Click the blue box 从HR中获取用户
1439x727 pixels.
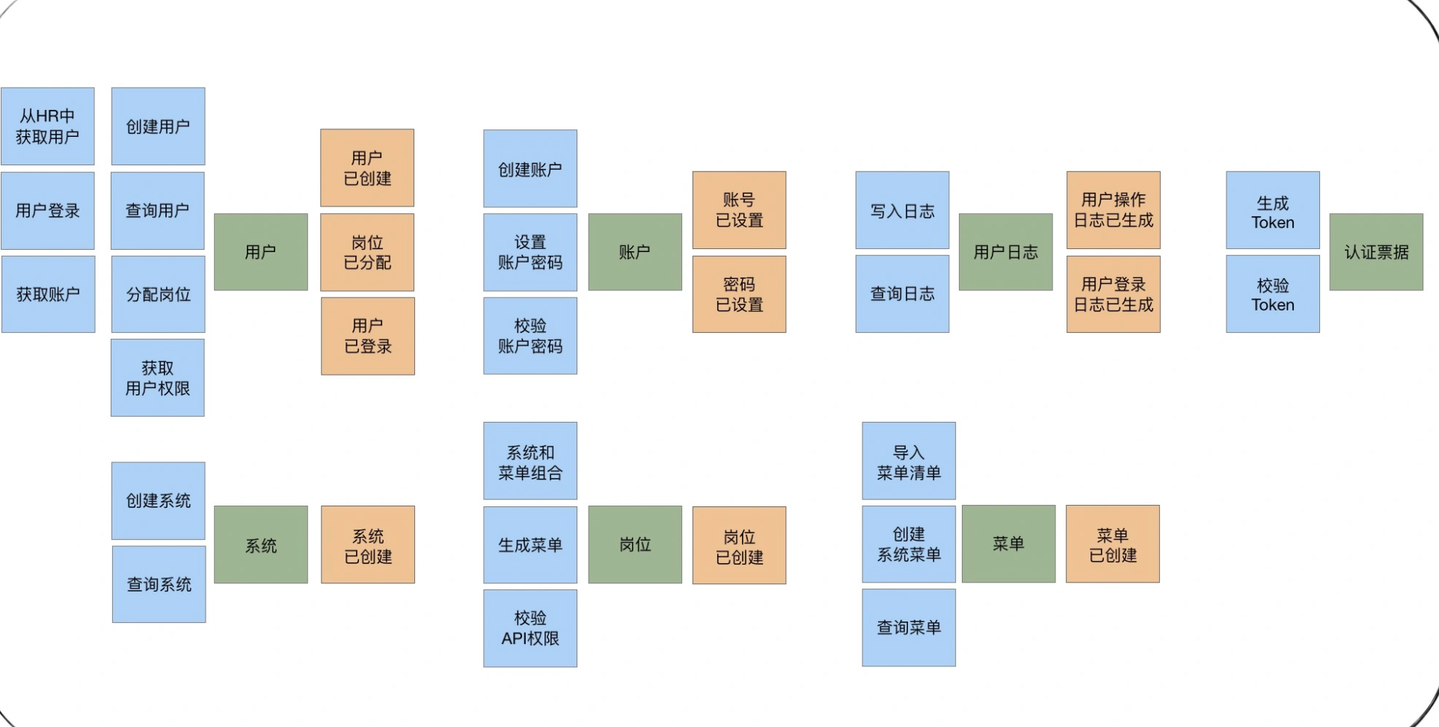point(48,126)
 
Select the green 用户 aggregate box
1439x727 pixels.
point(260,252)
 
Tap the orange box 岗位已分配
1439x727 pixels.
point(367,252)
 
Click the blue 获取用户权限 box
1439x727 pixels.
point(158,378)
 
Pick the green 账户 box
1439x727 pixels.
point(635,252)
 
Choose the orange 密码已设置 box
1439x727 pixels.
point(739,294)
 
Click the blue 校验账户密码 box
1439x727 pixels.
point(530,336)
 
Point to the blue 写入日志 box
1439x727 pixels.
point(902,210)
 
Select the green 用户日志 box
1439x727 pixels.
point(1005,252)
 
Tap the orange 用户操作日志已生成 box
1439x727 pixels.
point(1113,210)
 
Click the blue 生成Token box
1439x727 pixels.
point(1272,210)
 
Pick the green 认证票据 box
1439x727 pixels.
point(1376,252)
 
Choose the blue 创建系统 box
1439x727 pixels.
point(159,500)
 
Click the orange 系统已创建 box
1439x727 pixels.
point(368,545)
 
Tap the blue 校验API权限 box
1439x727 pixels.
point(530,628)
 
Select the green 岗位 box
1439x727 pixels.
point(635,545)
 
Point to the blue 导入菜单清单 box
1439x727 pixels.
point(909,461)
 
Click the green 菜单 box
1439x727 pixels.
point(1008,544)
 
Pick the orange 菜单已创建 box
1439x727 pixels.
point(1113,544)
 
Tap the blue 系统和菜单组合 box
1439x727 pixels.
point(530,461)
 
